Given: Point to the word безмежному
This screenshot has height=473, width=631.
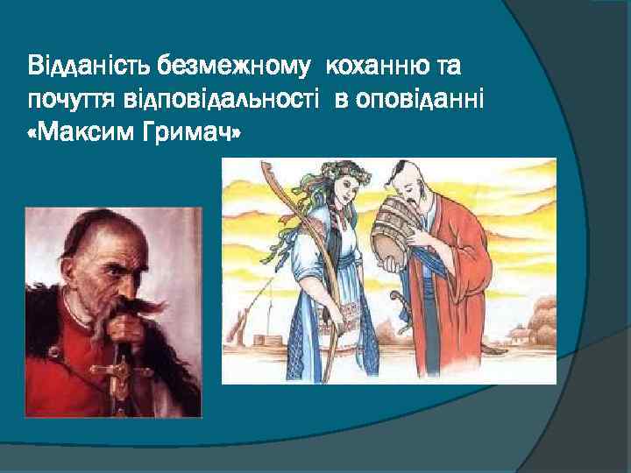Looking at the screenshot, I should (x=237, y=65).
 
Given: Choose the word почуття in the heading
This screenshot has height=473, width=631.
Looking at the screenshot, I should (x=65, y=101).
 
